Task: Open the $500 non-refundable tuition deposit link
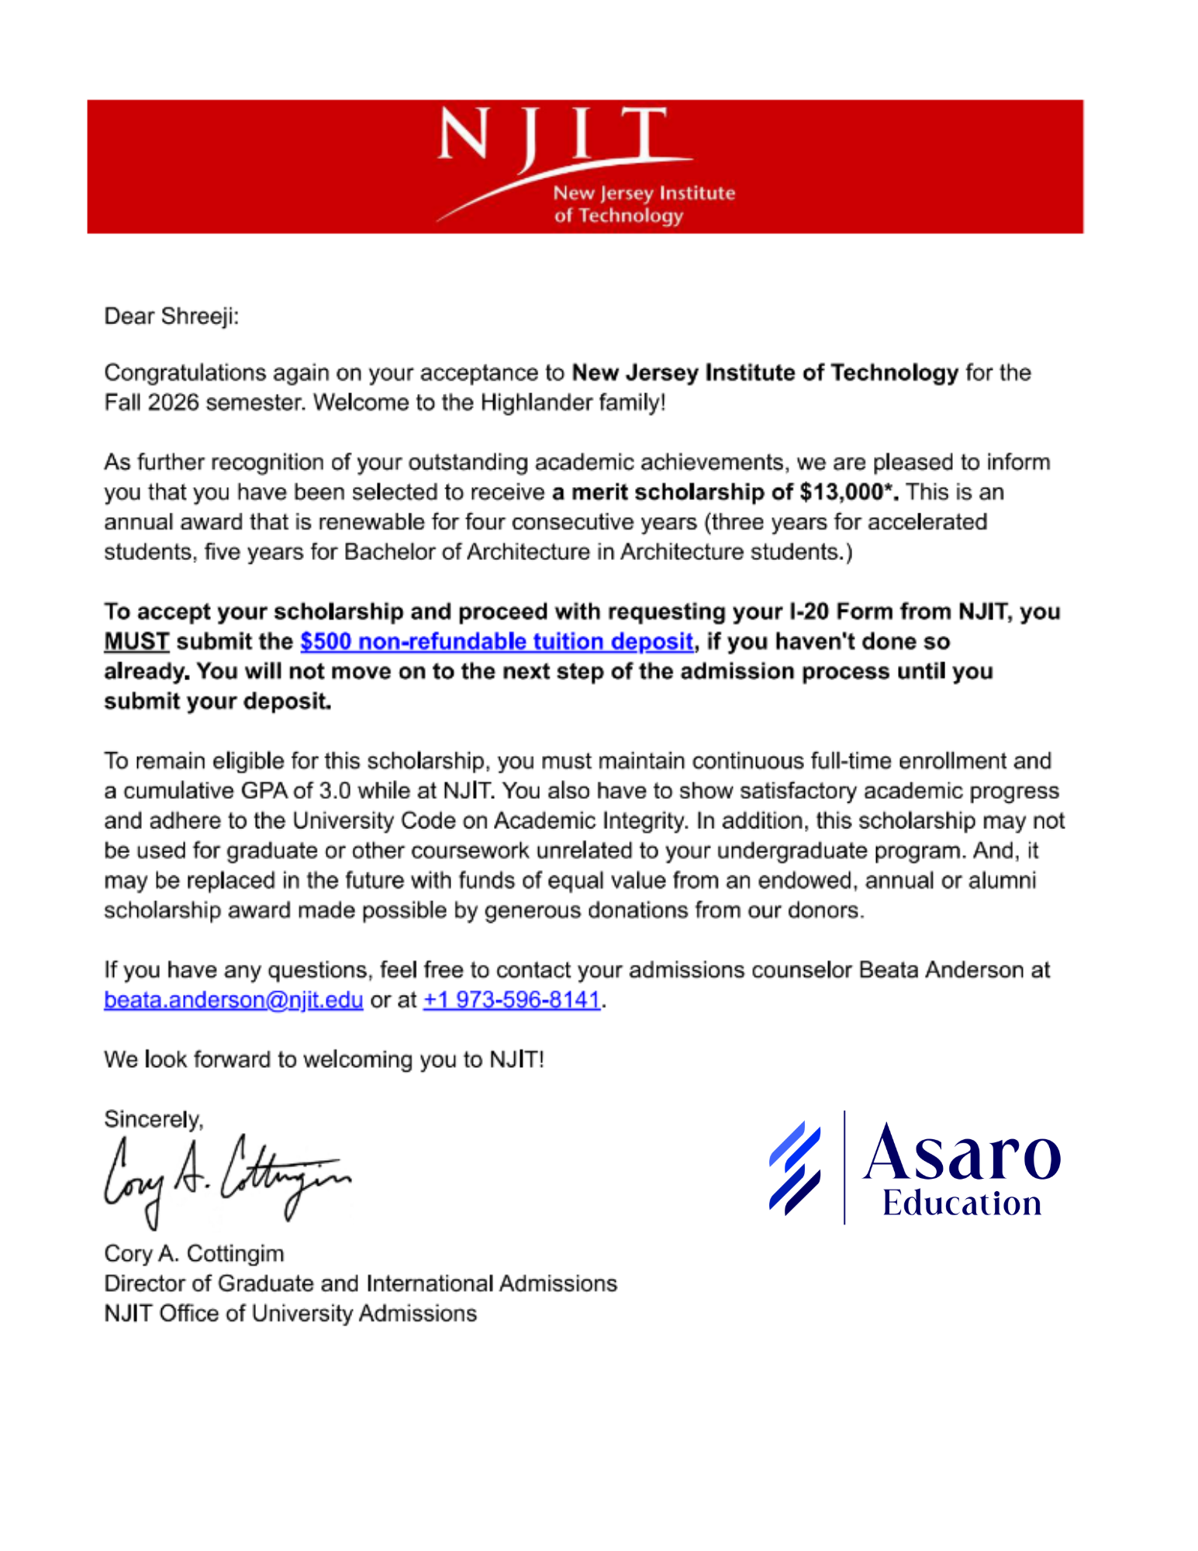496,641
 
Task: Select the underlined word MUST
136,641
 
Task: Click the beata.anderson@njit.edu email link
233,1000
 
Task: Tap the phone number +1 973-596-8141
512,1000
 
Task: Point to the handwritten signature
225,1177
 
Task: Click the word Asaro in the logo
962,1153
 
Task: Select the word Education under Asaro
962,1203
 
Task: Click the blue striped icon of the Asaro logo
795,1167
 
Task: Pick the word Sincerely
153,1119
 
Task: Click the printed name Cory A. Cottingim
194,1253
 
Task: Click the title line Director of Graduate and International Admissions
361,1283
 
